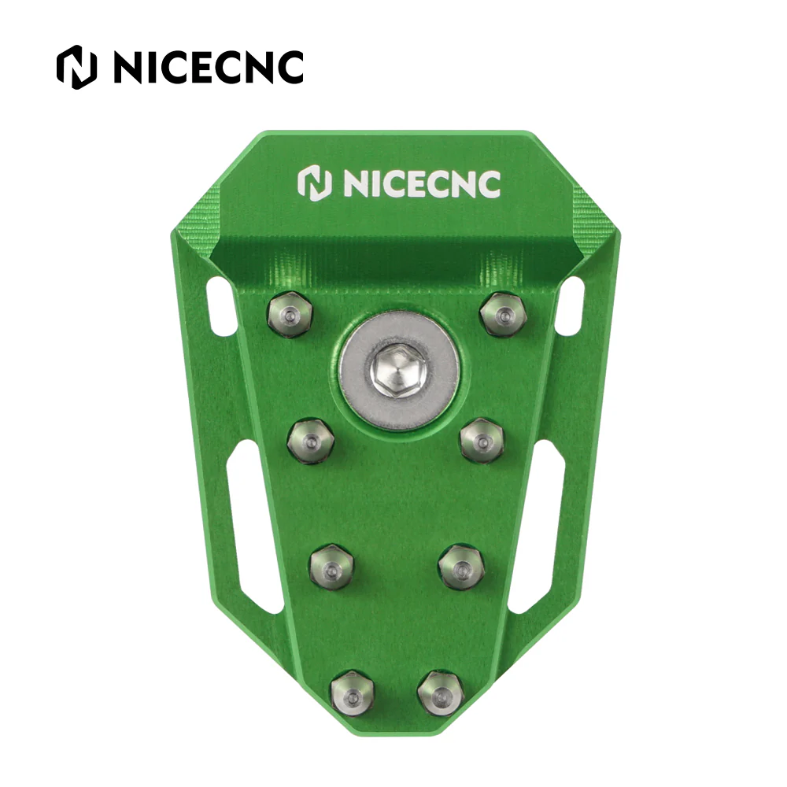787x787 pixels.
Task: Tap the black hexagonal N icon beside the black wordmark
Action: [x=76, y=67]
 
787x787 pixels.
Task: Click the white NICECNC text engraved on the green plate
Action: [x=422, y=183]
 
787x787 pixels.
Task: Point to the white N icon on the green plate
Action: [x=315, y=184]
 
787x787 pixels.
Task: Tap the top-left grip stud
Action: [x=290, y=315]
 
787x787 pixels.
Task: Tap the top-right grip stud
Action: [x=502, y=316]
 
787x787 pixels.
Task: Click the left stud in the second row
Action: [x=311, y=442]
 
